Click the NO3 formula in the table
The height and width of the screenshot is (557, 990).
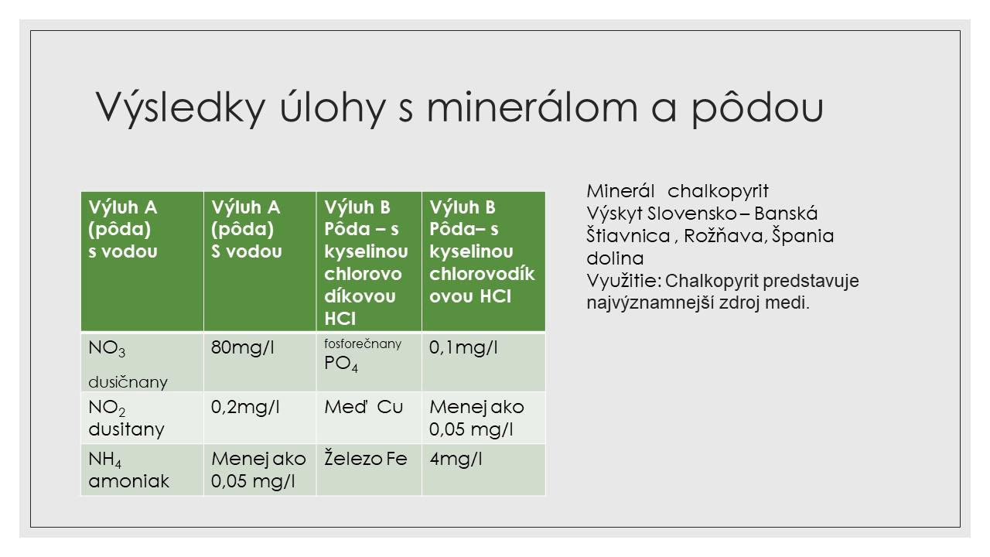point(107,349)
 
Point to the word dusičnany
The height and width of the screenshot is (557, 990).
point(128,382)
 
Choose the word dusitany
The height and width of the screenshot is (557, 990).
point(126,429)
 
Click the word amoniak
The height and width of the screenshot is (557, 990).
point(128,481)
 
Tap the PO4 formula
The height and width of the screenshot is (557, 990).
point(341,364)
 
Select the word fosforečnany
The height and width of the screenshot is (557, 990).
point(363,343)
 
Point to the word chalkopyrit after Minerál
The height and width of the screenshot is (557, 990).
point(718,191)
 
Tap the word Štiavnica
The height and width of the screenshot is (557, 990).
point(628,236)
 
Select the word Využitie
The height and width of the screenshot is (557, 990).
point(624,281)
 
